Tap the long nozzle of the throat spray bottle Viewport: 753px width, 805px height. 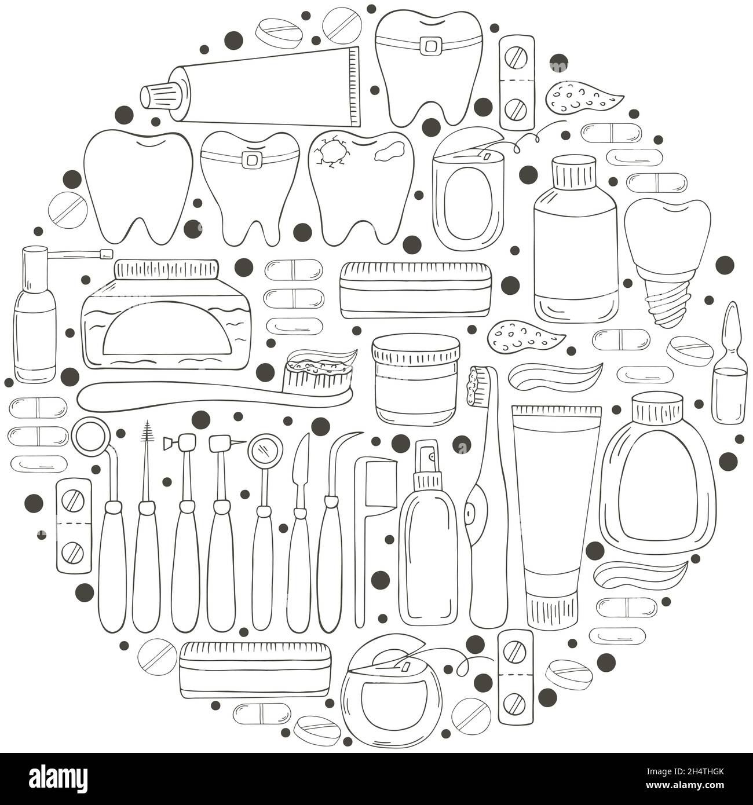click(x=77, y=254)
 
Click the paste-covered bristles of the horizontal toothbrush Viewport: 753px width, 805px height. click(x=320, y=373)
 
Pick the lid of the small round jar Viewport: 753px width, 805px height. click(x=416, y=349)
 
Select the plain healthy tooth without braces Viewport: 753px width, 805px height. click(x=138, y=187)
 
